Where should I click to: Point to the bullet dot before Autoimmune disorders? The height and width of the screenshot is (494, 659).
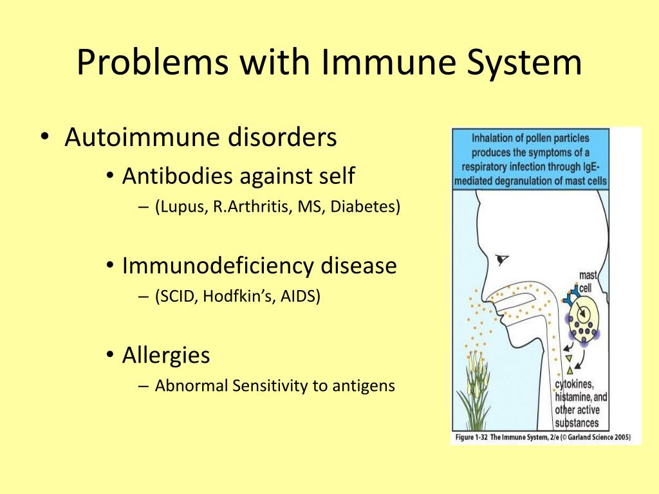(44, 139)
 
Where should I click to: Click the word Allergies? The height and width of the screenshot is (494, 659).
(166, 354)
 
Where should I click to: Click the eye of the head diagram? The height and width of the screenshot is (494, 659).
(501, 259)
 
